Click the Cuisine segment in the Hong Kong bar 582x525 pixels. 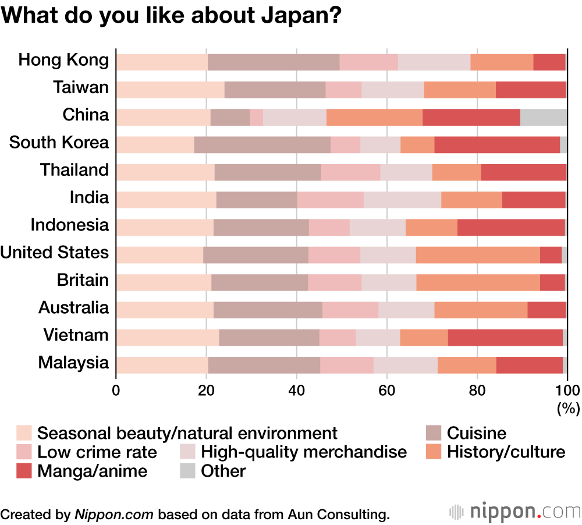pyautogui.click(x=274, y=62)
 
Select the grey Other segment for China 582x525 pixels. pyautogui.click(x=544, y=117)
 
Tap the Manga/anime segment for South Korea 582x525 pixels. pyautogui.click(x=497, y=144)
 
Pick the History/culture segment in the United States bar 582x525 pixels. pyautogui.click(x=478, y=255)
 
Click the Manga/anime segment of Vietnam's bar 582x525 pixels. pyautogui.click(x=505, y=338)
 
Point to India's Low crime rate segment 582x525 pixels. pyautogui.click(x=331, y=200)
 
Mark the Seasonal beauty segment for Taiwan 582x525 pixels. pyautogui.click(x=171, y=90)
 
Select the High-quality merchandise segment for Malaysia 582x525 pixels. pyautogui.click(x=406, y=365)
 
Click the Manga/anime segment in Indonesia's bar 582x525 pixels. pyautogui.click(x=511, y=228)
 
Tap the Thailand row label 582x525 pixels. pyautogui.click(x=74, y=170)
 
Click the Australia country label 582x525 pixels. pyautogui.click(x=73, y=307)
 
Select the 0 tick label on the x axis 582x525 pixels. pyautogui.click(x=116, y=390)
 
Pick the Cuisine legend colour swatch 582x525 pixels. pyautogui.click(x=434, y=433)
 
